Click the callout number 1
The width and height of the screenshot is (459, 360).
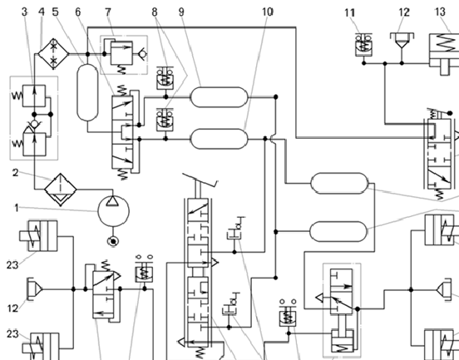[17, 208]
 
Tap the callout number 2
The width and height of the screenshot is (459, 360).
[16, 173]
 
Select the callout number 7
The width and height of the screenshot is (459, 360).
[108, 12]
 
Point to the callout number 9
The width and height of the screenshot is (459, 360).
[181, 12]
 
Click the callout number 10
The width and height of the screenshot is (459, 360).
[267, 12]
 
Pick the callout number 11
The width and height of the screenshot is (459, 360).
[350, 12]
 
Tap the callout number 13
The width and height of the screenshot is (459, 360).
[440, 12]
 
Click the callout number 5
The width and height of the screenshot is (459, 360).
[56, 12]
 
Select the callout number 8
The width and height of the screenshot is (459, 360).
[155, 12]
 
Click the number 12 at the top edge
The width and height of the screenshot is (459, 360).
[404, 12]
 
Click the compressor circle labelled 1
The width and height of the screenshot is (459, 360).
[113, 210]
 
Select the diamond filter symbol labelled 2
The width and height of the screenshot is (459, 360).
[61, 190]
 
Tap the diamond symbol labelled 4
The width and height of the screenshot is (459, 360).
[53, 54]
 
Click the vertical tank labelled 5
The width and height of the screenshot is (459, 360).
[87, 92]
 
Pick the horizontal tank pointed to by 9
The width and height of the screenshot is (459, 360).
[220, 97]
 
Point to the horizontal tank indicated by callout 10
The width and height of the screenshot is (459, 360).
[220, 139]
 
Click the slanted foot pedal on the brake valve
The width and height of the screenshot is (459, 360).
[200, 180]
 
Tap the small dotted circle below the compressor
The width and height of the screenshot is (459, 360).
[113, 241]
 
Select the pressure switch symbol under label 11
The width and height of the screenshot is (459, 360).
[363, 45]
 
